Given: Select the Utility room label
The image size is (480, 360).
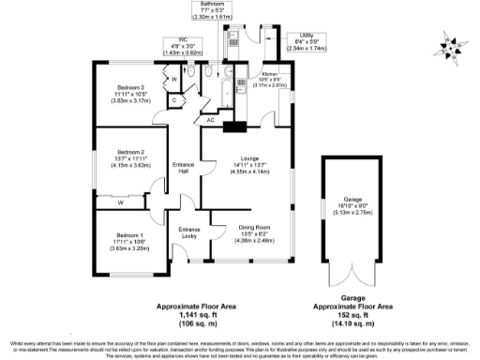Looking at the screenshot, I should [306, 35].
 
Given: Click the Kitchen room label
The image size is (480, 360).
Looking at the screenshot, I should [270, 72].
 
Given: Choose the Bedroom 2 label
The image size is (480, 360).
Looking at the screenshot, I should [128, 152].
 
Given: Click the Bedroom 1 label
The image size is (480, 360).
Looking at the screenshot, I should [129, 234].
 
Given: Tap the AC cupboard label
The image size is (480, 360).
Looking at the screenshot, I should [210, 120].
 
